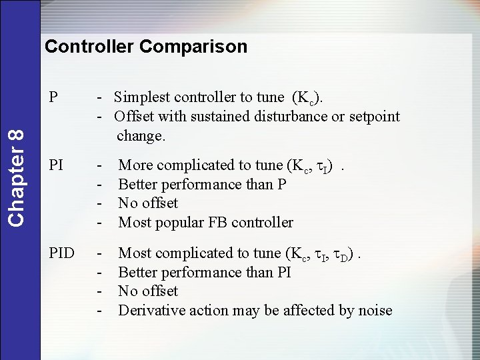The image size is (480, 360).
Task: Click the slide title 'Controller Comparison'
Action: coord(145,47)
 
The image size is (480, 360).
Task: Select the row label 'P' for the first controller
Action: coord(53,97)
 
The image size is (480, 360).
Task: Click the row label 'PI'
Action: coord(57,165)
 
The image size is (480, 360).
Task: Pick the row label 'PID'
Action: coord(61,253)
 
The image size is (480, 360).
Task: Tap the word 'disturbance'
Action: coord(290,117)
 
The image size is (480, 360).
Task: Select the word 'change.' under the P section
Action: coord(141,136)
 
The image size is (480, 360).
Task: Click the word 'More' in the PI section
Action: coord(135,165)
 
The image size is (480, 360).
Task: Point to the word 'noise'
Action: coord(374,311)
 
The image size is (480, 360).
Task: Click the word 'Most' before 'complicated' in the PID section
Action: coord(135,253)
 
